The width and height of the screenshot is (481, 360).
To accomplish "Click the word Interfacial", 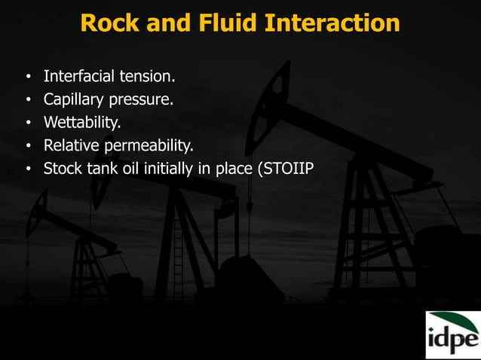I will point(80,76).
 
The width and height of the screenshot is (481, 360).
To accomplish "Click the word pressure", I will point(142,99).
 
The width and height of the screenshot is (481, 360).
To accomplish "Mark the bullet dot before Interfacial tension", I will point(28,77).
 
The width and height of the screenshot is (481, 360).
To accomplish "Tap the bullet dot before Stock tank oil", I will point(28,167).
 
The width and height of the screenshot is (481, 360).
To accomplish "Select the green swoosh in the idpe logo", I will point(452,319).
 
